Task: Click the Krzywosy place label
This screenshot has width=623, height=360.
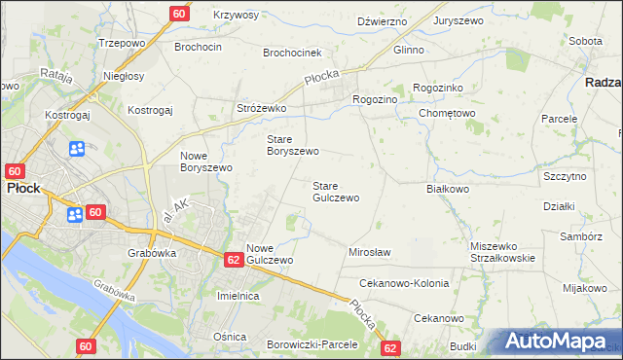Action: tap(236, 16)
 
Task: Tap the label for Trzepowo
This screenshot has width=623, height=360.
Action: tap(122, 44)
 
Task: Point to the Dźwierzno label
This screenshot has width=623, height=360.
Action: tap(382, 20)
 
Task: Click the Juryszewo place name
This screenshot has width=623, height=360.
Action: tap(458, 20)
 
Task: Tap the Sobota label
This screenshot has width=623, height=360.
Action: tap(585, 41)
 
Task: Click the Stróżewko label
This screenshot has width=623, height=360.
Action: tap(261, 109)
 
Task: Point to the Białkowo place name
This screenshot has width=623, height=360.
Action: tap(449, 189)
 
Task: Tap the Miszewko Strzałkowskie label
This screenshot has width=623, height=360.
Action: tap(502, 251)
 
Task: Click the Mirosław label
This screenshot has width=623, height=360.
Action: tap(369, 252)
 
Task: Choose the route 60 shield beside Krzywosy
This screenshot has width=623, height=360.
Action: tap(178, 14)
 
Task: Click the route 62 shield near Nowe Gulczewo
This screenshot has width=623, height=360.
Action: tap(233, 260)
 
